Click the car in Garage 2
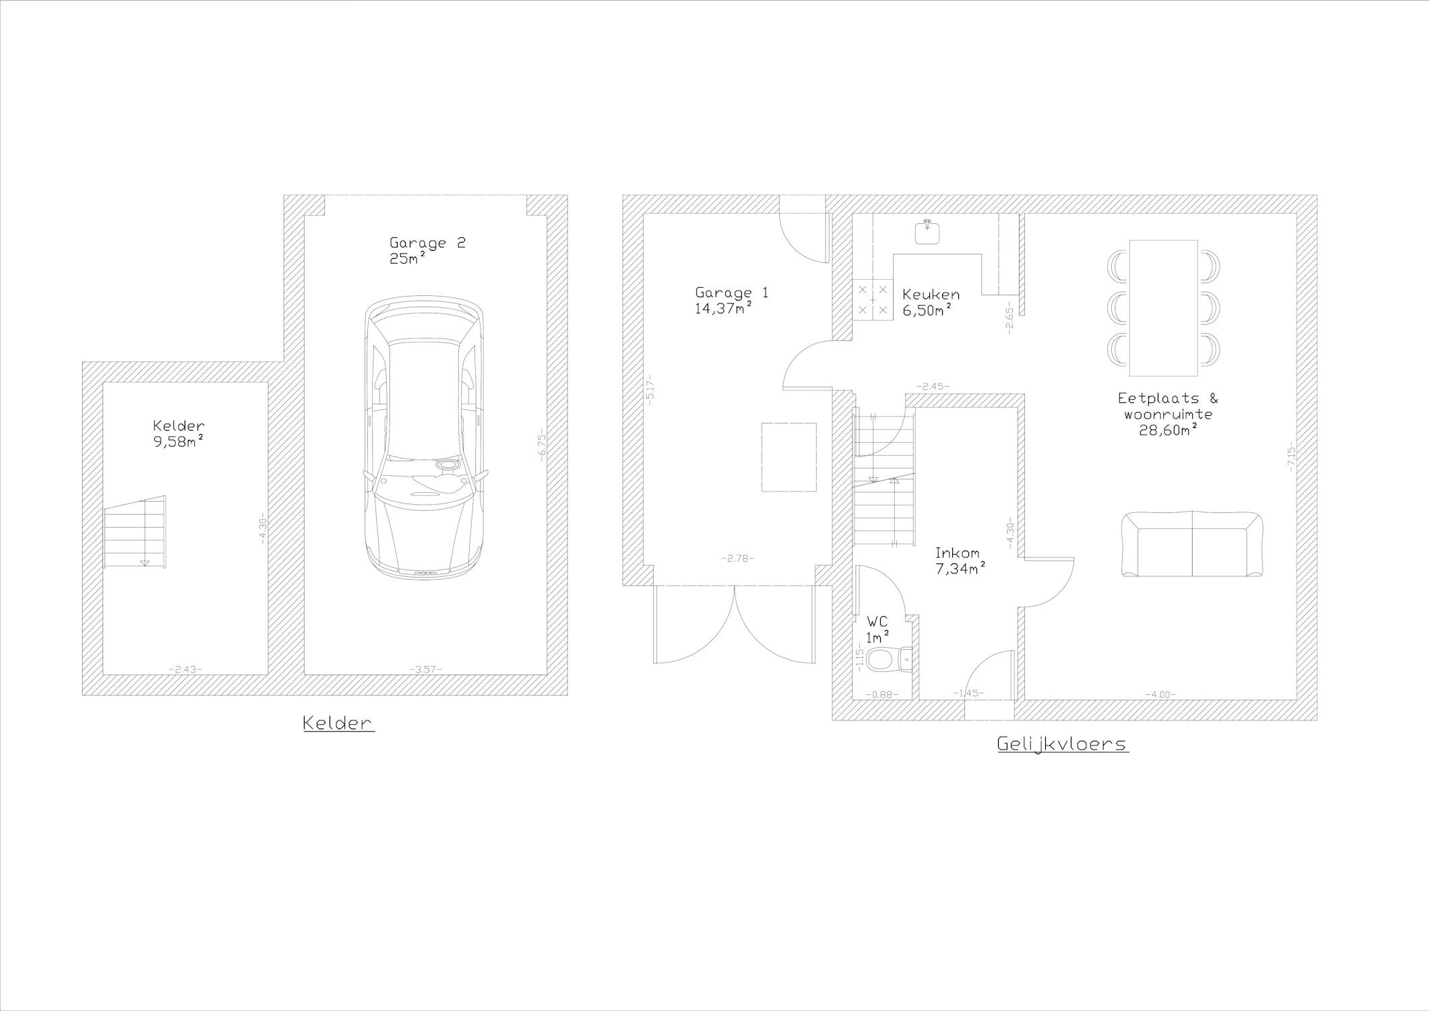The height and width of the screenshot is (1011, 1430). pyautogui.click(x=425, y=438)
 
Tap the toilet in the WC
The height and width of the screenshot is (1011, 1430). pyautogui.click(x=888, y=659)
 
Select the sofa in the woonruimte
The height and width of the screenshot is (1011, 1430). pyautogui.click(x=1192, y=545)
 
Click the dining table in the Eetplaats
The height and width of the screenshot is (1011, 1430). pyautogui.click(x=1163, y=308)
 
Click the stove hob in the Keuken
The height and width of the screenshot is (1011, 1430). pyautogui.click(x=873, y=299)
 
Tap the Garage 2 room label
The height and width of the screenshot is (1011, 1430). pyautogui.click(x=427, y=243)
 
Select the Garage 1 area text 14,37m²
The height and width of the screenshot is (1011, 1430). pyautogui.click(x=723, y=309)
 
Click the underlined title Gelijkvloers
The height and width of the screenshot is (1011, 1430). pyautogui.click(x=1062, y=745)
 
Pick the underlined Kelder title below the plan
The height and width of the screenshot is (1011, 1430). pyautogui.click(x=338, y=723)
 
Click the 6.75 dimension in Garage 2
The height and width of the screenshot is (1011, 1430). pyautogui.click(x=540, y=445)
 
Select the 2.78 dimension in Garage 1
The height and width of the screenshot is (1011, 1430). pyautogui.click(x=737, y=558)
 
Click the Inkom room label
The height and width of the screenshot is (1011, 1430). pyautogui.click(x=957, y=553)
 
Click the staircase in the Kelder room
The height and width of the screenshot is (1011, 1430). pyautogui.click(x=135, y=532)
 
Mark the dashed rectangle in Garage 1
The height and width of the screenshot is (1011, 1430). pyautogui.click(x=789, y=457)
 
